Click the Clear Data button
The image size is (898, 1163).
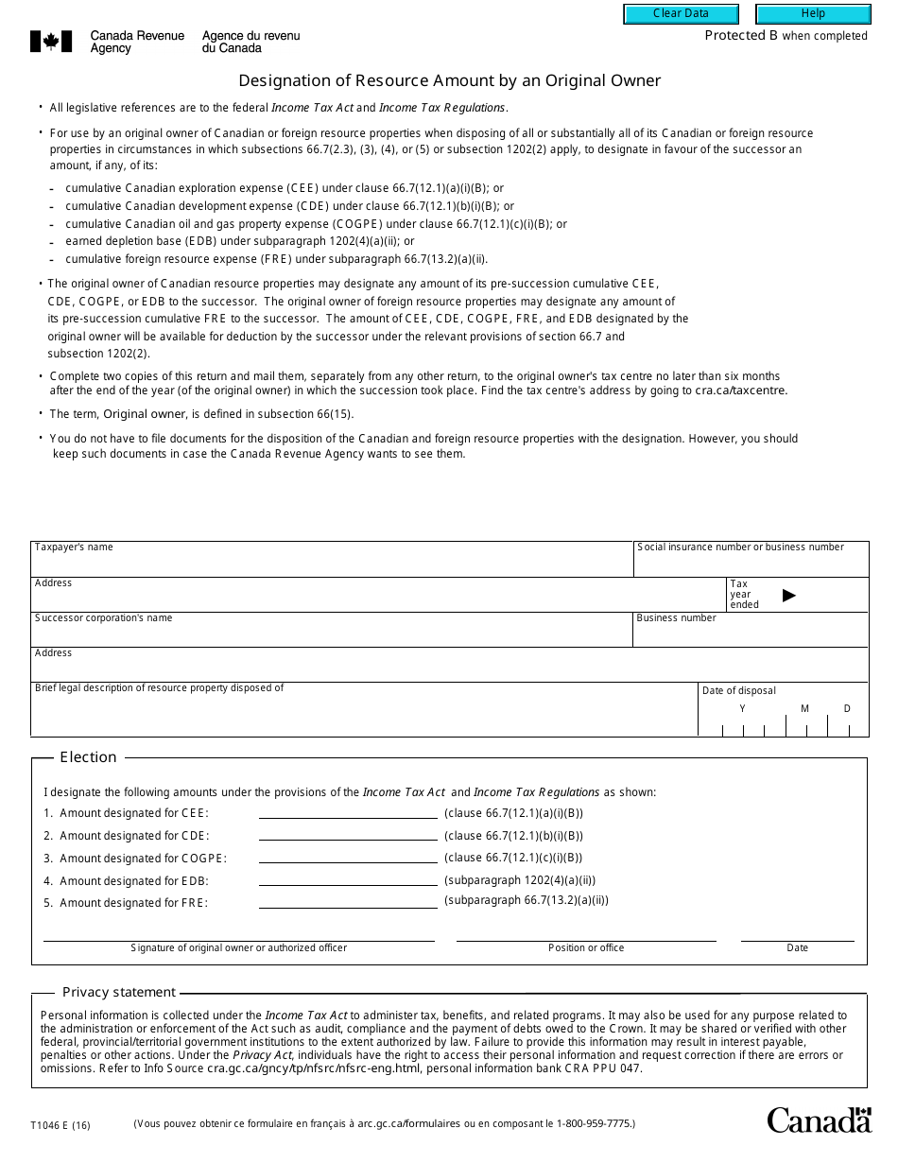point(681,13)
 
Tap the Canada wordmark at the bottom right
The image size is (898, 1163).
point(819,1120)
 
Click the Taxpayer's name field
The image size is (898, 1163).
point(331,564)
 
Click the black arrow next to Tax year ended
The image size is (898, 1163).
point(789,595)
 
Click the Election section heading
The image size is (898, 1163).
point(88,757)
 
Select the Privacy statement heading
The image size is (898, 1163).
point(119,992)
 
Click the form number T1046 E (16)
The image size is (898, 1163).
point(60,1125)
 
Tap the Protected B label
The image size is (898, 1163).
point(786,36)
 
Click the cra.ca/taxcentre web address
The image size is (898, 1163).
point(741,391)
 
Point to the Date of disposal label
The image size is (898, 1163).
point(738,690)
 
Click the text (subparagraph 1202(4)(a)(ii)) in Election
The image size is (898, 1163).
point(520,880)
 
